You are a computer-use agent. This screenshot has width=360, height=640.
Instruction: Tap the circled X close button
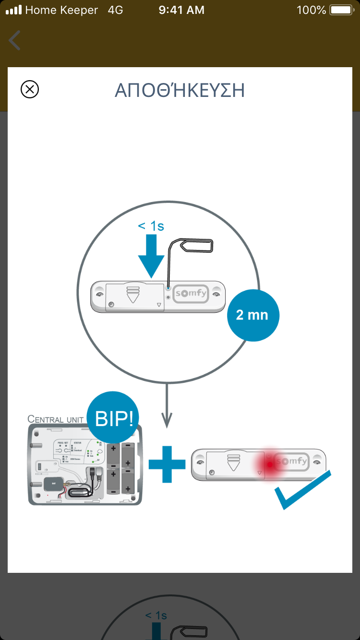(30, 89)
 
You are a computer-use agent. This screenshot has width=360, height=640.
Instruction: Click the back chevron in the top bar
(15, 40)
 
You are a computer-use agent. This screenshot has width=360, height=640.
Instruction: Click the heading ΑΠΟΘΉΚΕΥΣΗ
(180, 91)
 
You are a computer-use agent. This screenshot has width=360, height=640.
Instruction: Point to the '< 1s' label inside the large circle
(151, 226)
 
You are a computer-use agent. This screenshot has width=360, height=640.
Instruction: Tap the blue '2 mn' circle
(252, 315)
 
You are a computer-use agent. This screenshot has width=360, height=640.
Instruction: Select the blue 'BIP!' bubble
(113, 419)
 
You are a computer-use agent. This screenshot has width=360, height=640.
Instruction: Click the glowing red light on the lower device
(270, 463)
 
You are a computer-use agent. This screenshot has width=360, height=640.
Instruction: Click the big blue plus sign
(167, 464)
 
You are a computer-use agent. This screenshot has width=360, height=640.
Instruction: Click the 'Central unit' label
(56, 419)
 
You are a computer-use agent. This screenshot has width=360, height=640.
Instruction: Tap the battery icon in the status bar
(341, 10)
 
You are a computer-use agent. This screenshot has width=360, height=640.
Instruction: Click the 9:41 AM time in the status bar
(181, 10)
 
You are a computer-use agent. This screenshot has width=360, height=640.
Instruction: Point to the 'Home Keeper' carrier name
(61, 10)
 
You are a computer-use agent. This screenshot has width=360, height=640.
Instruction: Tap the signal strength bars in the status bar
(14, 10)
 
